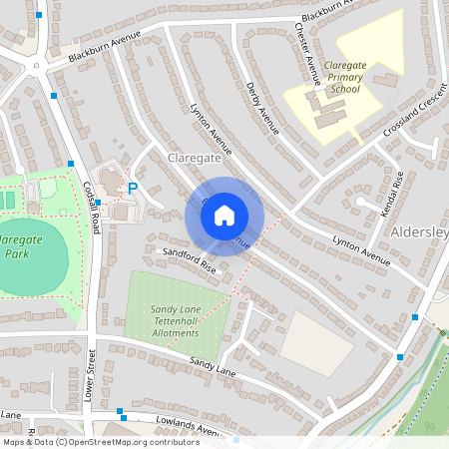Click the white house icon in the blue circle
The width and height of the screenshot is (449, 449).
[x=224, y=215]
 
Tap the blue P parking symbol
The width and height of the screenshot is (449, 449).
[x=133, y=188]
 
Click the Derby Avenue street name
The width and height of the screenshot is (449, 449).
[x=261, y=111]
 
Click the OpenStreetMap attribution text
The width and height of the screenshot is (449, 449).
[x=100, y=441]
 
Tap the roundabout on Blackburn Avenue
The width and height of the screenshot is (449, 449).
[x=37, y=67]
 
